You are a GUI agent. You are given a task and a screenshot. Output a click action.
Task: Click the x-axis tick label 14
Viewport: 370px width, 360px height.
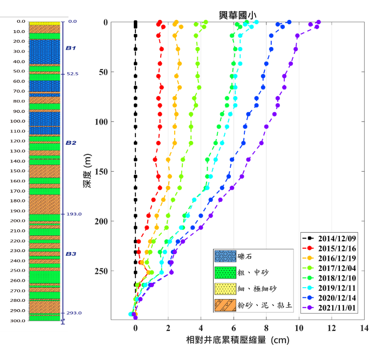[364, 328]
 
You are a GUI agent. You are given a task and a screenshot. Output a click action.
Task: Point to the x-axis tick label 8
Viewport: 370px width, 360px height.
[266, 328]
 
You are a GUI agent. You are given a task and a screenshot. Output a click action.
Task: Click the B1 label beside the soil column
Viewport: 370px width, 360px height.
[71, 48]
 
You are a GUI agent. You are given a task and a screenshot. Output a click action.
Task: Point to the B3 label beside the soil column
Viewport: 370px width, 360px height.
[71, 253]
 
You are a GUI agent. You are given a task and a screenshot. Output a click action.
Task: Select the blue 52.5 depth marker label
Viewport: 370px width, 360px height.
[73, 74]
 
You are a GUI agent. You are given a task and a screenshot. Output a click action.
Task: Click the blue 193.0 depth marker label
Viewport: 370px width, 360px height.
[74, 214]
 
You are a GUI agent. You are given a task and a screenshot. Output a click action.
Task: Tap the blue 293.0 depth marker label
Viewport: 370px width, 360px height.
[74, 313]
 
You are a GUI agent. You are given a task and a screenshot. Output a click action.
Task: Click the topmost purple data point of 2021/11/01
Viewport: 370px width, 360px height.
[319, 22]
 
